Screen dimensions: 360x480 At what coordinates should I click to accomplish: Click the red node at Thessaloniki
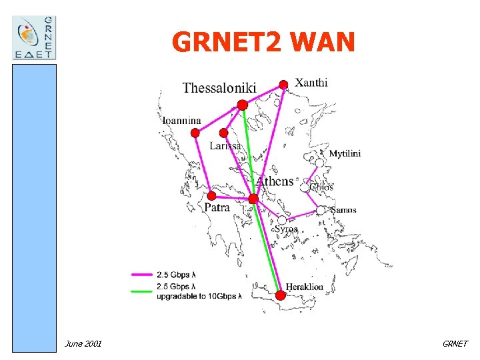(242, 105)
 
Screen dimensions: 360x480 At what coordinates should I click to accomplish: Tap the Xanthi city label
(311, 83)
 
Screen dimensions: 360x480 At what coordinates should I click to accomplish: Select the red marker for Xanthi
(283, 84)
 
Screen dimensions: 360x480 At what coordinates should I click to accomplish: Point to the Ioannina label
(182, 121)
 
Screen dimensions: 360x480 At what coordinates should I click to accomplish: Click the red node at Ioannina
(195, 133)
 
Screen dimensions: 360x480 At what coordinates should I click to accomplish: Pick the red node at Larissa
(223, 133)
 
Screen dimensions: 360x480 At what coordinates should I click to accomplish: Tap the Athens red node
(253, 199)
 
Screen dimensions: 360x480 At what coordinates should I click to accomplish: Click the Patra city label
(217, 208)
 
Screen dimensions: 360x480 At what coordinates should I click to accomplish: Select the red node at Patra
(211, 196)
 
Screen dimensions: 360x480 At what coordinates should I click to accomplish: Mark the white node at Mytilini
(320, 163)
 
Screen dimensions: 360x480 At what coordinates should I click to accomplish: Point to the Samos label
(343, 210)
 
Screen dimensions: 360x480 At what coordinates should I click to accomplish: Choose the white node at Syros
(282, 220)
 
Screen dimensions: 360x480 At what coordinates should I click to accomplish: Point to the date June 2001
(83, 343)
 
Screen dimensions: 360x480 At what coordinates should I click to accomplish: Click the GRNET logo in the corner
(35, 37)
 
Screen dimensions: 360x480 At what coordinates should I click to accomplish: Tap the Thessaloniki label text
(219, 88)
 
